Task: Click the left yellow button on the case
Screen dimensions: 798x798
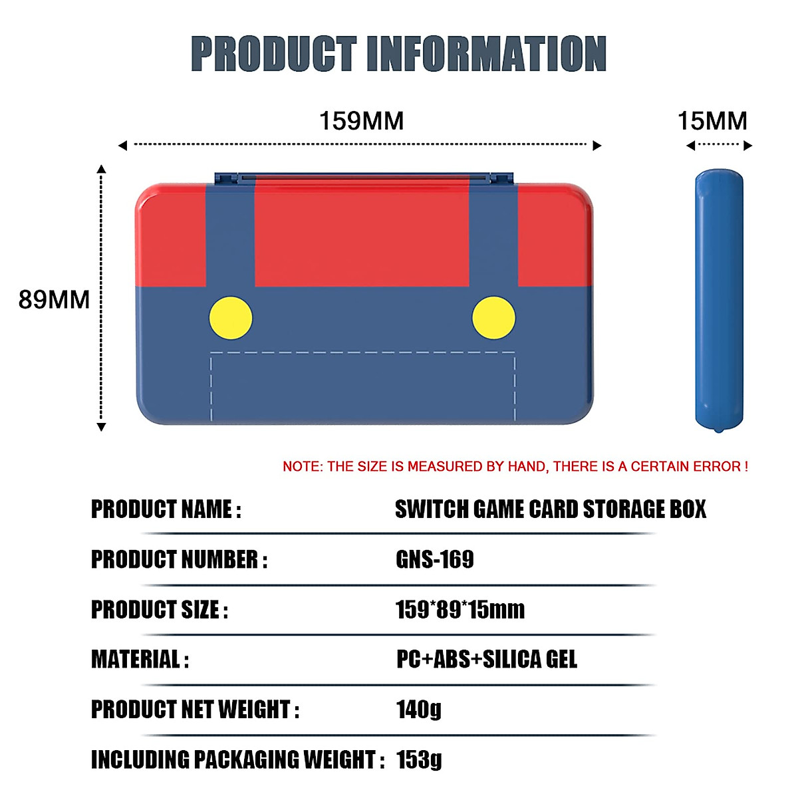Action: click(231, 318)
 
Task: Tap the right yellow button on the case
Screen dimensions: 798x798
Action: click(493, 318)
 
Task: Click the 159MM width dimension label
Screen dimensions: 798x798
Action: click(361, 121)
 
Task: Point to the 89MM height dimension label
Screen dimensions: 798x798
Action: click(54, 300)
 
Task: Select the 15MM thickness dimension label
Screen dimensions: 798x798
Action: click(712, 121)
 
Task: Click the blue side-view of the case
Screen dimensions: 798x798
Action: click(719, 299)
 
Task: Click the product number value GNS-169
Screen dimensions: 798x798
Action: click(435, 559)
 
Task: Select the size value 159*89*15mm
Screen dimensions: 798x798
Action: click(460, 609)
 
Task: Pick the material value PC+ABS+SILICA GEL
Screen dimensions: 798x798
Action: click(487, 659)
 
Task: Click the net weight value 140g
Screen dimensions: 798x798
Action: click(419, 709)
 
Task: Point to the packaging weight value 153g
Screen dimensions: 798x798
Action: click(419, 759)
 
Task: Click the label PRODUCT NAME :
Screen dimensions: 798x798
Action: click(166, 509)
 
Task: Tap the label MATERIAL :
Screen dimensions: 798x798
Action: click(140, 659)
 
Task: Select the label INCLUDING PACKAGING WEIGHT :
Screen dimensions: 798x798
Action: click(237, 759)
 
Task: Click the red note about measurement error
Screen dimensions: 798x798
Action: click(515, 467)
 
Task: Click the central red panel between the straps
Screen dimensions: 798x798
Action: click(362, 233)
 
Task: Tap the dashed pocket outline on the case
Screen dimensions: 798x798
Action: click(362, 353)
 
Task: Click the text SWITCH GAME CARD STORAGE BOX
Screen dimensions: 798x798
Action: click(551, 509)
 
